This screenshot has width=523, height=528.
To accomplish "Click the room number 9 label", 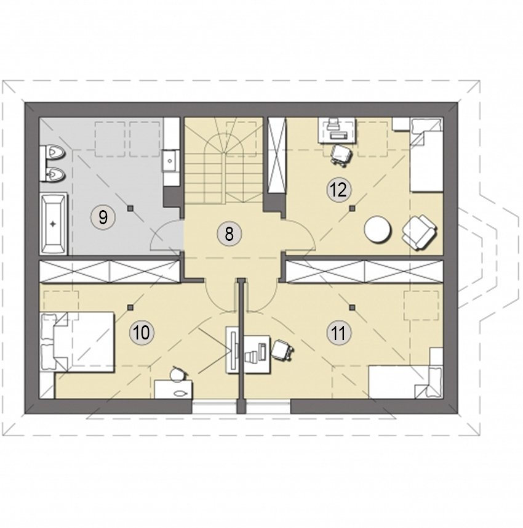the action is tap(103, 217).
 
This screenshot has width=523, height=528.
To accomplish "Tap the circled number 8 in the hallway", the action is tap(229, 234).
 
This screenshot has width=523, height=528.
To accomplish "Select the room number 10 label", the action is tap(142, 333).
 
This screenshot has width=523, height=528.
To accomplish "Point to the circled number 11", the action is tap(338, 333).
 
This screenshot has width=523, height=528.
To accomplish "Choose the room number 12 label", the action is tap(338, 190).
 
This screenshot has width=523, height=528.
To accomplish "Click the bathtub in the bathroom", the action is tap(53, 224).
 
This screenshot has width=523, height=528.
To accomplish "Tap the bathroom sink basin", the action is tap(171, 161).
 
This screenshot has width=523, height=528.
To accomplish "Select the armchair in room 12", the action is tap(420, 232).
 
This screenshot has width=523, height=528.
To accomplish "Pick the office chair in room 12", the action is tap(342, 154).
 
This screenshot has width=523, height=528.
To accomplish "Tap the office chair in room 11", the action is tap(282, 349).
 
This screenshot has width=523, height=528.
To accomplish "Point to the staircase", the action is tap(223, 160).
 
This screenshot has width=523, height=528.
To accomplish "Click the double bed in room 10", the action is tap(77, 342).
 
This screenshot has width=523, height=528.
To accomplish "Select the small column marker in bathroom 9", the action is tap(130, 208).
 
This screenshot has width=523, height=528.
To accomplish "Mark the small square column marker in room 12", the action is tap(352, 208).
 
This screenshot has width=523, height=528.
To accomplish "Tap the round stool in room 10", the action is tap(177, 375).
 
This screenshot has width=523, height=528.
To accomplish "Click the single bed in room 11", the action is tap(406, 382).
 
